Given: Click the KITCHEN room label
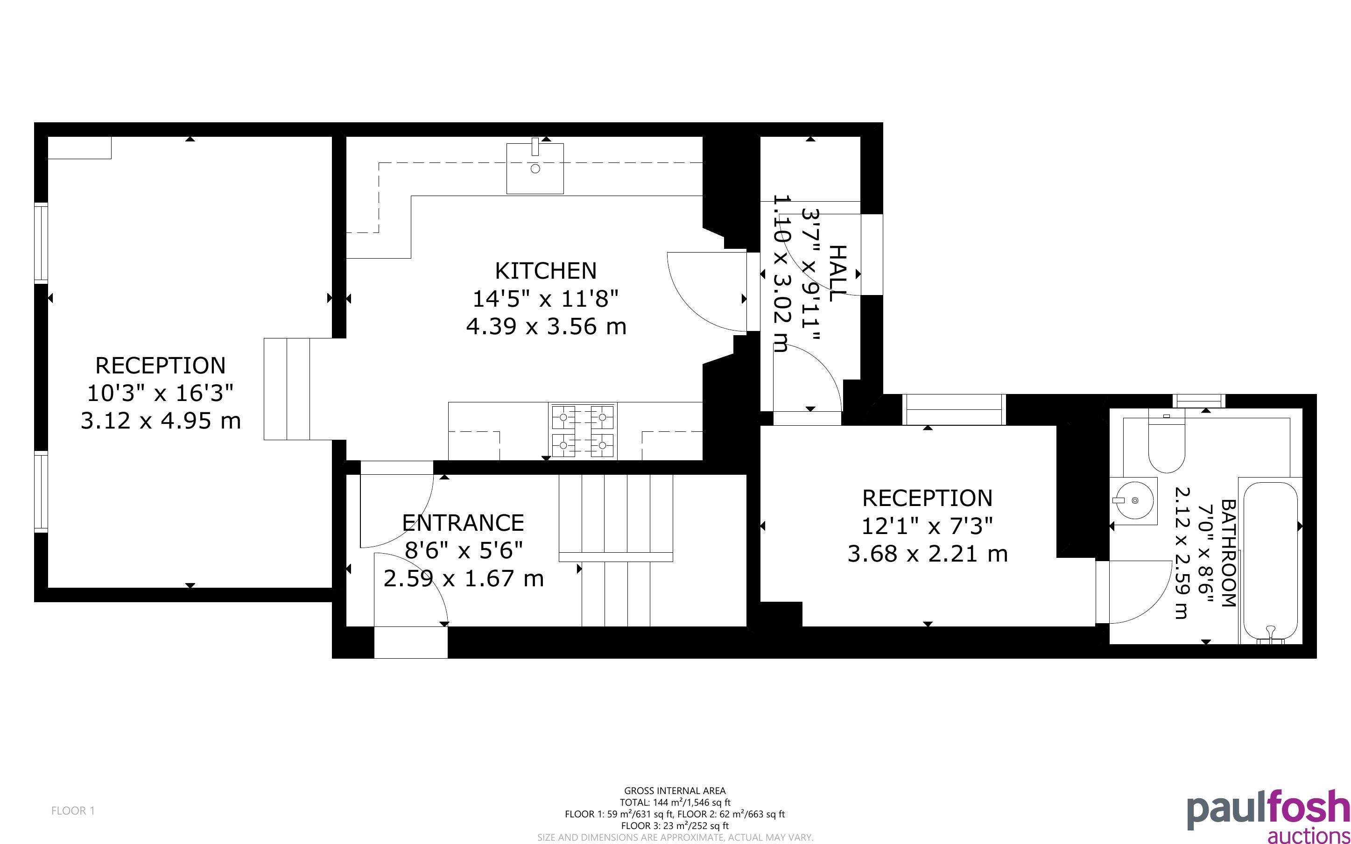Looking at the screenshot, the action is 546,271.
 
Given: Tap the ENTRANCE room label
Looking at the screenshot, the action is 463,523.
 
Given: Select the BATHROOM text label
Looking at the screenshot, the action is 1228,553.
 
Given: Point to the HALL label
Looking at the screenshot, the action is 838,273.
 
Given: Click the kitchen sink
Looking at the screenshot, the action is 535,167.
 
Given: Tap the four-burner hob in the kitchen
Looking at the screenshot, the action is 583,431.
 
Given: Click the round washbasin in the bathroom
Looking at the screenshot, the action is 1133,501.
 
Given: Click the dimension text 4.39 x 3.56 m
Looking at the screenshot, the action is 546,326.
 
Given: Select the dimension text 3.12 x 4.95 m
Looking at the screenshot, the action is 161,420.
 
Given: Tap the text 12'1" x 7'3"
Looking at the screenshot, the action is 928,526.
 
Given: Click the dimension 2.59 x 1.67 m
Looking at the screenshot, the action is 463,578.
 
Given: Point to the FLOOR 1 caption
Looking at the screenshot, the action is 73,810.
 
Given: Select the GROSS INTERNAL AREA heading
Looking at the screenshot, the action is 675,790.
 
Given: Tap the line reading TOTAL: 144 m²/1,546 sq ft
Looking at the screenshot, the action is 675,802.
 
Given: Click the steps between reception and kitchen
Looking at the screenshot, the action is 287,389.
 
